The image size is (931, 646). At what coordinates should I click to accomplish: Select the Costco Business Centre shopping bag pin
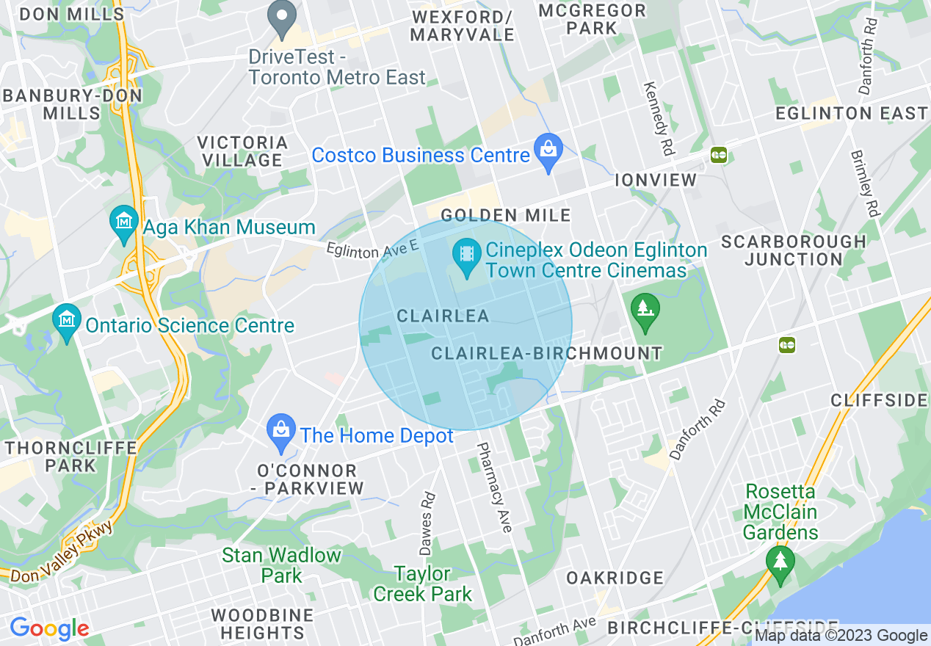click(x=548, y=150)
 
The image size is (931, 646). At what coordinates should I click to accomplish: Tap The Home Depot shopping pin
click(x=281, y=431)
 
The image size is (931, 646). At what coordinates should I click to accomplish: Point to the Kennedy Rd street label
click(x=658, y=117)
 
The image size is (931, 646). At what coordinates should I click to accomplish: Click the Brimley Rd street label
click(x=864, y=184)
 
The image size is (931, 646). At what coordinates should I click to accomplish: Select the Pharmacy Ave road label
click(x=494, y=487)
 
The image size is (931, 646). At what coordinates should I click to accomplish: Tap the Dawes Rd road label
click(x=427, y=523)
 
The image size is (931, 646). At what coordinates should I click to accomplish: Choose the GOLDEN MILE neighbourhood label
click(x=506, y=215)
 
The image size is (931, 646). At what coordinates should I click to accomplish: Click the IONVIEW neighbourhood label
click(x=656, y=180)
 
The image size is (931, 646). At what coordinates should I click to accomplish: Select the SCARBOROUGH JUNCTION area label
click(x=793, y=250)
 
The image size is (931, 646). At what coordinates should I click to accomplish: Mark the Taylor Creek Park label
click(x=423, y=583)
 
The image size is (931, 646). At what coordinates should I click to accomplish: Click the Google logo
click(x=49, y=628)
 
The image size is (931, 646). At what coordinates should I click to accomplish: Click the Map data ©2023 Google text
click(x=841, y=636)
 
